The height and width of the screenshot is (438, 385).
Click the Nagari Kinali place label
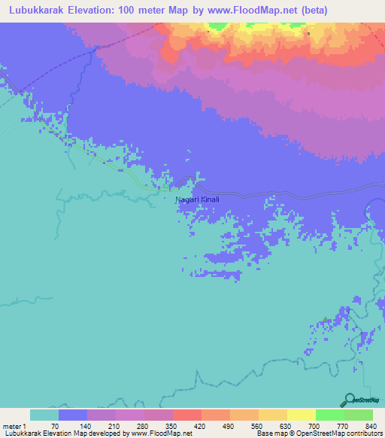[x=197, y=199]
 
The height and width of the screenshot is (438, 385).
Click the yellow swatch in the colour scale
[x=301, y=415]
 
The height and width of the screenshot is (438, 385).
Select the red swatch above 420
[x=186, y=415]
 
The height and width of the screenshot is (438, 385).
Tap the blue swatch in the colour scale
[x=73, y=415]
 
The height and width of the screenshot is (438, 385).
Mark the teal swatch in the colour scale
[x=44, y=415]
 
